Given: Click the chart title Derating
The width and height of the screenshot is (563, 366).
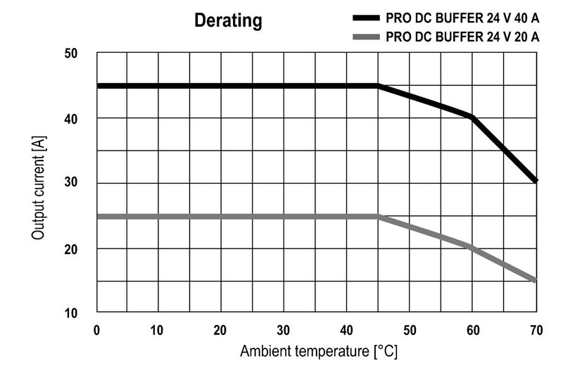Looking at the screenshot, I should (228, 22).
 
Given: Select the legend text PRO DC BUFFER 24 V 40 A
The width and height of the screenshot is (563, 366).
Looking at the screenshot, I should (462, 18).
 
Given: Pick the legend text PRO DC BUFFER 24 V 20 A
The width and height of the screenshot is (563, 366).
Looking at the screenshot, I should (462, 37).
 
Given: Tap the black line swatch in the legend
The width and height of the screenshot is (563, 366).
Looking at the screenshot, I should (365, 18).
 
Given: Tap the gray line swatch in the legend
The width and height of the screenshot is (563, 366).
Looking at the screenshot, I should (365, 37).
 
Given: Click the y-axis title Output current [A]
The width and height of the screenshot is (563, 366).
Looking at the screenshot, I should (38, 182).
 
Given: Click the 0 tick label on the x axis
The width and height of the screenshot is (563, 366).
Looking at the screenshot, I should (97, 329).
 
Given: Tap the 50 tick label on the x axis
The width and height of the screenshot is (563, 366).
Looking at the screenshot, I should (410, 329).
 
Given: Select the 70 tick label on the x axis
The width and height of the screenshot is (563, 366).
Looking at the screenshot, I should (536, 329).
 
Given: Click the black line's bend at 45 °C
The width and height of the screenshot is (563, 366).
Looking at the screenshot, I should (379, 86).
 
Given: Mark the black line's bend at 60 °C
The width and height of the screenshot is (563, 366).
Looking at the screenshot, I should (472, 117).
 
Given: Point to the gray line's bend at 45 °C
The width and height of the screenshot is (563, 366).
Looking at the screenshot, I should (379, 216).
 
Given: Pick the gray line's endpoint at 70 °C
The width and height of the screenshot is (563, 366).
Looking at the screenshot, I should (536, 280).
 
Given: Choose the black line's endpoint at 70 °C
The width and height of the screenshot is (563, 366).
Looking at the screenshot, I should (536, 181).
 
